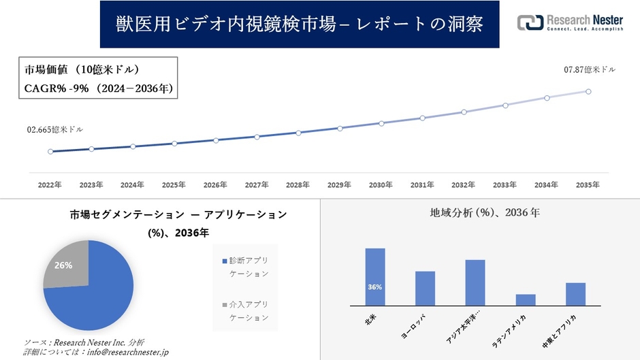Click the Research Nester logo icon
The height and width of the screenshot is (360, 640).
pyautogui.click(x=530, y=22)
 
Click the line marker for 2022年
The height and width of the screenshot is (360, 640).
pyautogui.click(x=50, y=151)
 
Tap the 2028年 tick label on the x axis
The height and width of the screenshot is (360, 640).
pyautogui.click(x=298, y=184)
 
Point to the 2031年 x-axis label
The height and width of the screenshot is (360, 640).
pyautogui.click(x=422, y=184)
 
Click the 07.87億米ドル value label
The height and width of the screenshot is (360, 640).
pyautogui.click(x=590, y=69)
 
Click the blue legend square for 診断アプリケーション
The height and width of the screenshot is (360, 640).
pyautogui.click(x=225, y=261)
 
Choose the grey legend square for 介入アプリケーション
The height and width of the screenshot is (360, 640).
pyautogui.click(x=225, y=305)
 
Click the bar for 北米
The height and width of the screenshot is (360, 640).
pyautogui.click(x=375, y=277)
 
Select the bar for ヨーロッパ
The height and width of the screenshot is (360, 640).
pyautogui.click(x=425, y=289)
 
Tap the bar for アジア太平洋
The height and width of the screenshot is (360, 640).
pyautogui.click(x=475, y=282)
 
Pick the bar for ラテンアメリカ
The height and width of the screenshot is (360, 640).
pyautogui.click(x=526, y=299)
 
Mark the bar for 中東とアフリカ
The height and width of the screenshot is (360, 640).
pyautogui.click(x=575, y=294)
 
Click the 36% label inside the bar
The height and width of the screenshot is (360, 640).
pyautogui.click(x=374, y=287)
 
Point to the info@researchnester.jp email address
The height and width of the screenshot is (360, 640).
pyautogui.click(x=125, y=352)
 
